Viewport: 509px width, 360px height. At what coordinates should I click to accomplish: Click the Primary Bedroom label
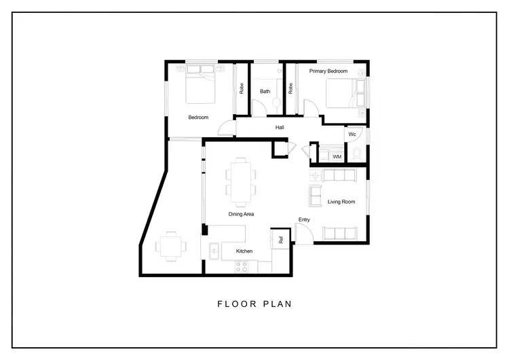(328, 71)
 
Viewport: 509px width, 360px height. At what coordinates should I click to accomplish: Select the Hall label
(280, 128)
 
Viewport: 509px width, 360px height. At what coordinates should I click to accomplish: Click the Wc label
(352, 134)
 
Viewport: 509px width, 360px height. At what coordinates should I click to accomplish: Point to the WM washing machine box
(337, 157)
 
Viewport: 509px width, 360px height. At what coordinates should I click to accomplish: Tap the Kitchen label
(244, 251)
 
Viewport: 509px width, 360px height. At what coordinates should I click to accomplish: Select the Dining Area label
(241, 214)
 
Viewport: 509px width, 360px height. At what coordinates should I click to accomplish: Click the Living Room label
(341, 202)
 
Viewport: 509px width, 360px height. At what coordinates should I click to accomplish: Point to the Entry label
(304, 219)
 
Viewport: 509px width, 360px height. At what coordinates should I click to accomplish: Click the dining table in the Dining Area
(241, 181)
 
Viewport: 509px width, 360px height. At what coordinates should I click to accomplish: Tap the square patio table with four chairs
(170, 246)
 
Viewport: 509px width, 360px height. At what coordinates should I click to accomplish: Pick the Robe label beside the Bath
(241, 88)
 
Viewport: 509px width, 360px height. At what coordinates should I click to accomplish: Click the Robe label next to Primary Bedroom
(290, 88)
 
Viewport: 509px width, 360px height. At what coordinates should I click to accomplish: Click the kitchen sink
(214, 252)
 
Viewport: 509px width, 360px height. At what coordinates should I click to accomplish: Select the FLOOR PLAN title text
(254, 304)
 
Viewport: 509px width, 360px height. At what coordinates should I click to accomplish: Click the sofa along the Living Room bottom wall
(339, 234)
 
